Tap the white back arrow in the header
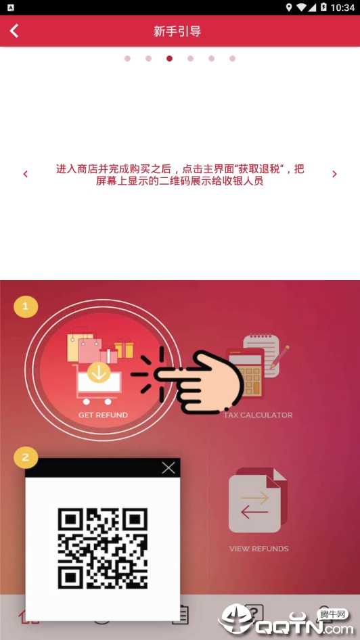pos(14,30)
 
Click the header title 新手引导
pos(177,31)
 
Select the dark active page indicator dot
pos(169,58)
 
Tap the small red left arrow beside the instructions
pos(25,175)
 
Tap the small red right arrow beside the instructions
pos(334,175)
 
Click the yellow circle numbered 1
pos(26,306)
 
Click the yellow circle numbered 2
pos(26,457)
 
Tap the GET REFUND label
pos(104,415)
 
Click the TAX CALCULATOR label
pos(258,415)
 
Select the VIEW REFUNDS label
pos(258,549)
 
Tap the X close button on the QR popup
pos(168,467)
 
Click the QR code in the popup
pos(102,548)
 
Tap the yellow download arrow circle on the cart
pos(99,371)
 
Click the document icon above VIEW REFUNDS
pos(258,500)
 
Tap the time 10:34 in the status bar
pos(342,7)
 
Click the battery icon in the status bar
pos(323,7)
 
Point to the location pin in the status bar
pos(290,7)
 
